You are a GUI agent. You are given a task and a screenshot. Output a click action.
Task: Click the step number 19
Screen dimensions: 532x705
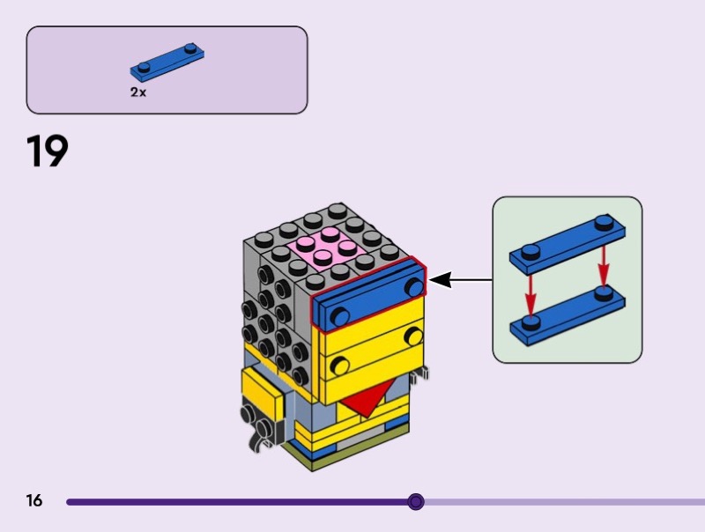click(x=48, y=151)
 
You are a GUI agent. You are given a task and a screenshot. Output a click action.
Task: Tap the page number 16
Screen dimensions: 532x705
click(x=34, y=501)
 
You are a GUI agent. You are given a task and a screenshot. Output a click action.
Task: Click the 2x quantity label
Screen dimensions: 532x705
click(x=138, y=92)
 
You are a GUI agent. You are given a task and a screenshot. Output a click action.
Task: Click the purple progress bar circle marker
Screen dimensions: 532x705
click(x=416, y=502)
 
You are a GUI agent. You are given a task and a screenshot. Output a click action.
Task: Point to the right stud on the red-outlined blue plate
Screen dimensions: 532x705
click(x=414, y=286)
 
